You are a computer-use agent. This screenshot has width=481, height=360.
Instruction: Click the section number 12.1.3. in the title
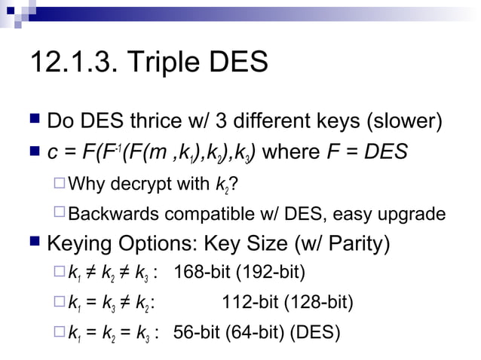(72, 63)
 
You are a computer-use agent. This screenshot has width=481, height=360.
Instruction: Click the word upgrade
(411, 214)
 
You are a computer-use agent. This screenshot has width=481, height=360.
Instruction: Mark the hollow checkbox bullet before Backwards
(60, 214)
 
